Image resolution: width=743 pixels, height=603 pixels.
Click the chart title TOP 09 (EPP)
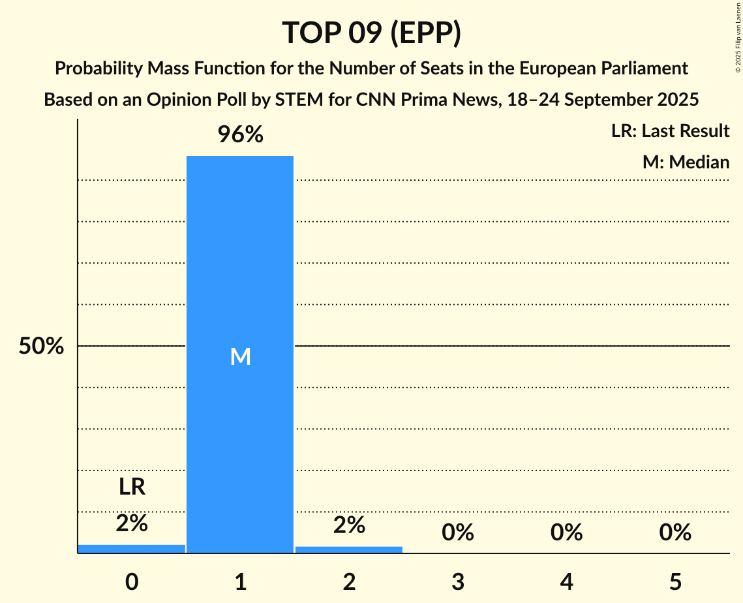(371, 33)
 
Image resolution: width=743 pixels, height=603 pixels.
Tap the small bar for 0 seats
(132, 549)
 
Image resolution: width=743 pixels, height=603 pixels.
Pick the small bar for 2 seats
(349, 549)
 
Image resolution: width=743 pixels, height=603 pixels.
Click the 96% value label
(240, 135)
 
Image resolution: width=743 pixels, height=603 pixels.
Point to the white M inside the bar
(240, 356)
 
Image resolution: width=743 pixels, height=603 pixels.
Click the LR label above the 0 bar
(132, 487)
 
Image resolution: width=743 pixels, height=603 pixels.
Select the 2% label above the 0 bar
(132, 523)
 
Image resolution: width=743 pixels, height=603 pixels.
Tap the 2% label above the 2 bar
(349, 525)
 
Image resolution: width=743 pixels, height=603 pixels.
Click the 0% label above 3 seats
(457, 533)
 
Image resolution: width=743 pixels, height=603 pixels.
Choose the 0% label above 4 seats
(566, 533)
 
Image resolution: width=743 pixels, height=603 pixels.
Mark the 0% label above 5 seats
(675, 533)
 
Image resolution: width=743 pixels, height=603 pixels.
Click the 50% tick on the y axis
(41, 347)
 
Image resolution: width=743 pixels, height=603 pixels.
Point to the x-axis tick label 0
(132, 581)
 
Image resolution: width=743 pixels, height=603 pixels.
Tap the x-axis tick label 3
(457, 581)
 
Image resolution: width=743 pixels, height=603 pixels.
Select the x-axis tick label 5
(675, 581)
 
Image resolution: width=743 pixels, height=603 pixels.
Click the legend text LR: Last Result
(670, 131)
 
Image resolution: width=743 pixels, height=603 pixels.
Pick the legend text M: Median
(686, 162)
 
